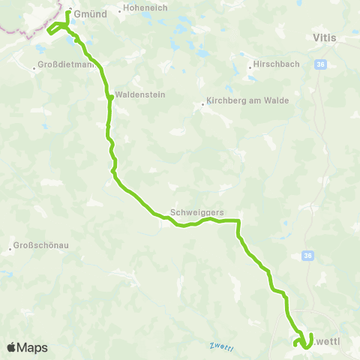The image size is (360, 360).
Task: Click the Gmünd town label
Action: (91, 13)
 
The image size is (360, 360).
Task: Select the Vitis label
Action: (325, 36)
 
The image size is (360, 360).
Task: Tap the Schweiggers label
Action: (197, 212)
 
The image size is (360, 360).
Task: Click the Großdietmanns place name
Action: (66, 65)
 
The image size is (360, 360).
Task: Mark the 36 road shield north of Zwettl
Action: (307, 256)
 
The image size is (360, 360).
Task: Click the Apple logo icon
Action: (12, 347)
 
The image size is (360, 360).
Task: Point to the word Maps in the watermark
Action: (33, 347)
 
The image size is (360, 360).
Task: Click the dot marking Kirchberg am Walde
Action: (202, 104)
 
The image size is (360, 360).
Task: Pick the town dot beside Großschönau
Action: (10, 247)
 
